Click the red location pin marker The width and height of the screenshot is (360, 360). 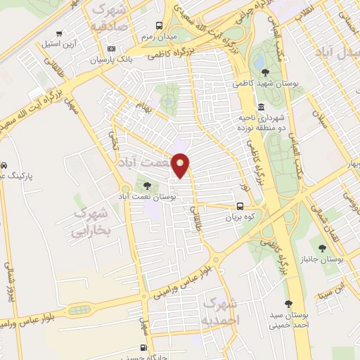click(181, 165)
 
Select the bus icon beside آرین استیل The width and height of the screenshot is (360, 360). click(59, 33)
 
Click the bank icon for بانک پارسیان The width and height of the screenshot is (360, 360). click(111, 49)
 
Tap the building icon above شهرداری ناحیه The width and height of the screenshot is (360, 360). click(261, 107)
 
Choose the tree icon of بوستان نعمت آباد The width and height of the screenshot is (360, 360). click(146, 186)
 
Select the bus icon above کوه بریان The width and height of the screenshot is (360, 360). click(240, 207)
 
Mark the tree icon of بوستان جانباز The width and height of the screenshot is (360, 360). click(322, 247)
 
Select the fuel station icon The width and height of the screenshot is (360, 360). click(143, 347)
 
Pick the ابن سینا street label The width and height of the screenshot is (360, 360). click(340, 289)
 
